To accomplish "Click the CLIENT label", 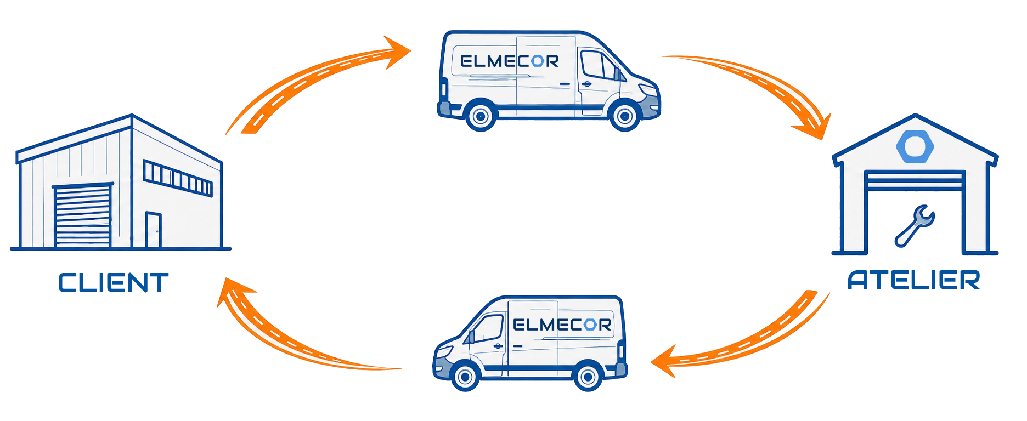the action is tap(113, 283).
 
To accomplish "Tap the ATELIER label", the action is tap(914, 280).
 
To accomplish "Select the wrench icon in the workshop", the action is tap(914, 225).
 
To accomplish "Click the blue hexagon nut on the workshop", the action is tap(915, 146).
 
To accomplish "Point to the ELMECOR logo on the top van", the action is tap(509, 61).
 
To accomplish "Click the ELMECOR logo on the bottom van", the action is tap(562, 325).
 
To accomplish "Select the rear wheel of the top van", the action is tap(481, 115).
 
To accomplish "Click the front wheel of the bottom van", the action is tap(465, 377).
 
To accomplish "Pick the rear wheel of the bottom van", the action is tap(588, 377).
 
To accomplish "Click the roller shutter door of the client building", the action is tap(83, 216).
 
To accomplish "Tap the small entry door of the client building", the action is tap(154, 230).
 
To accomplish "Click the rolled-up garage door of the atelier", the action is tap(914, 180).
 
